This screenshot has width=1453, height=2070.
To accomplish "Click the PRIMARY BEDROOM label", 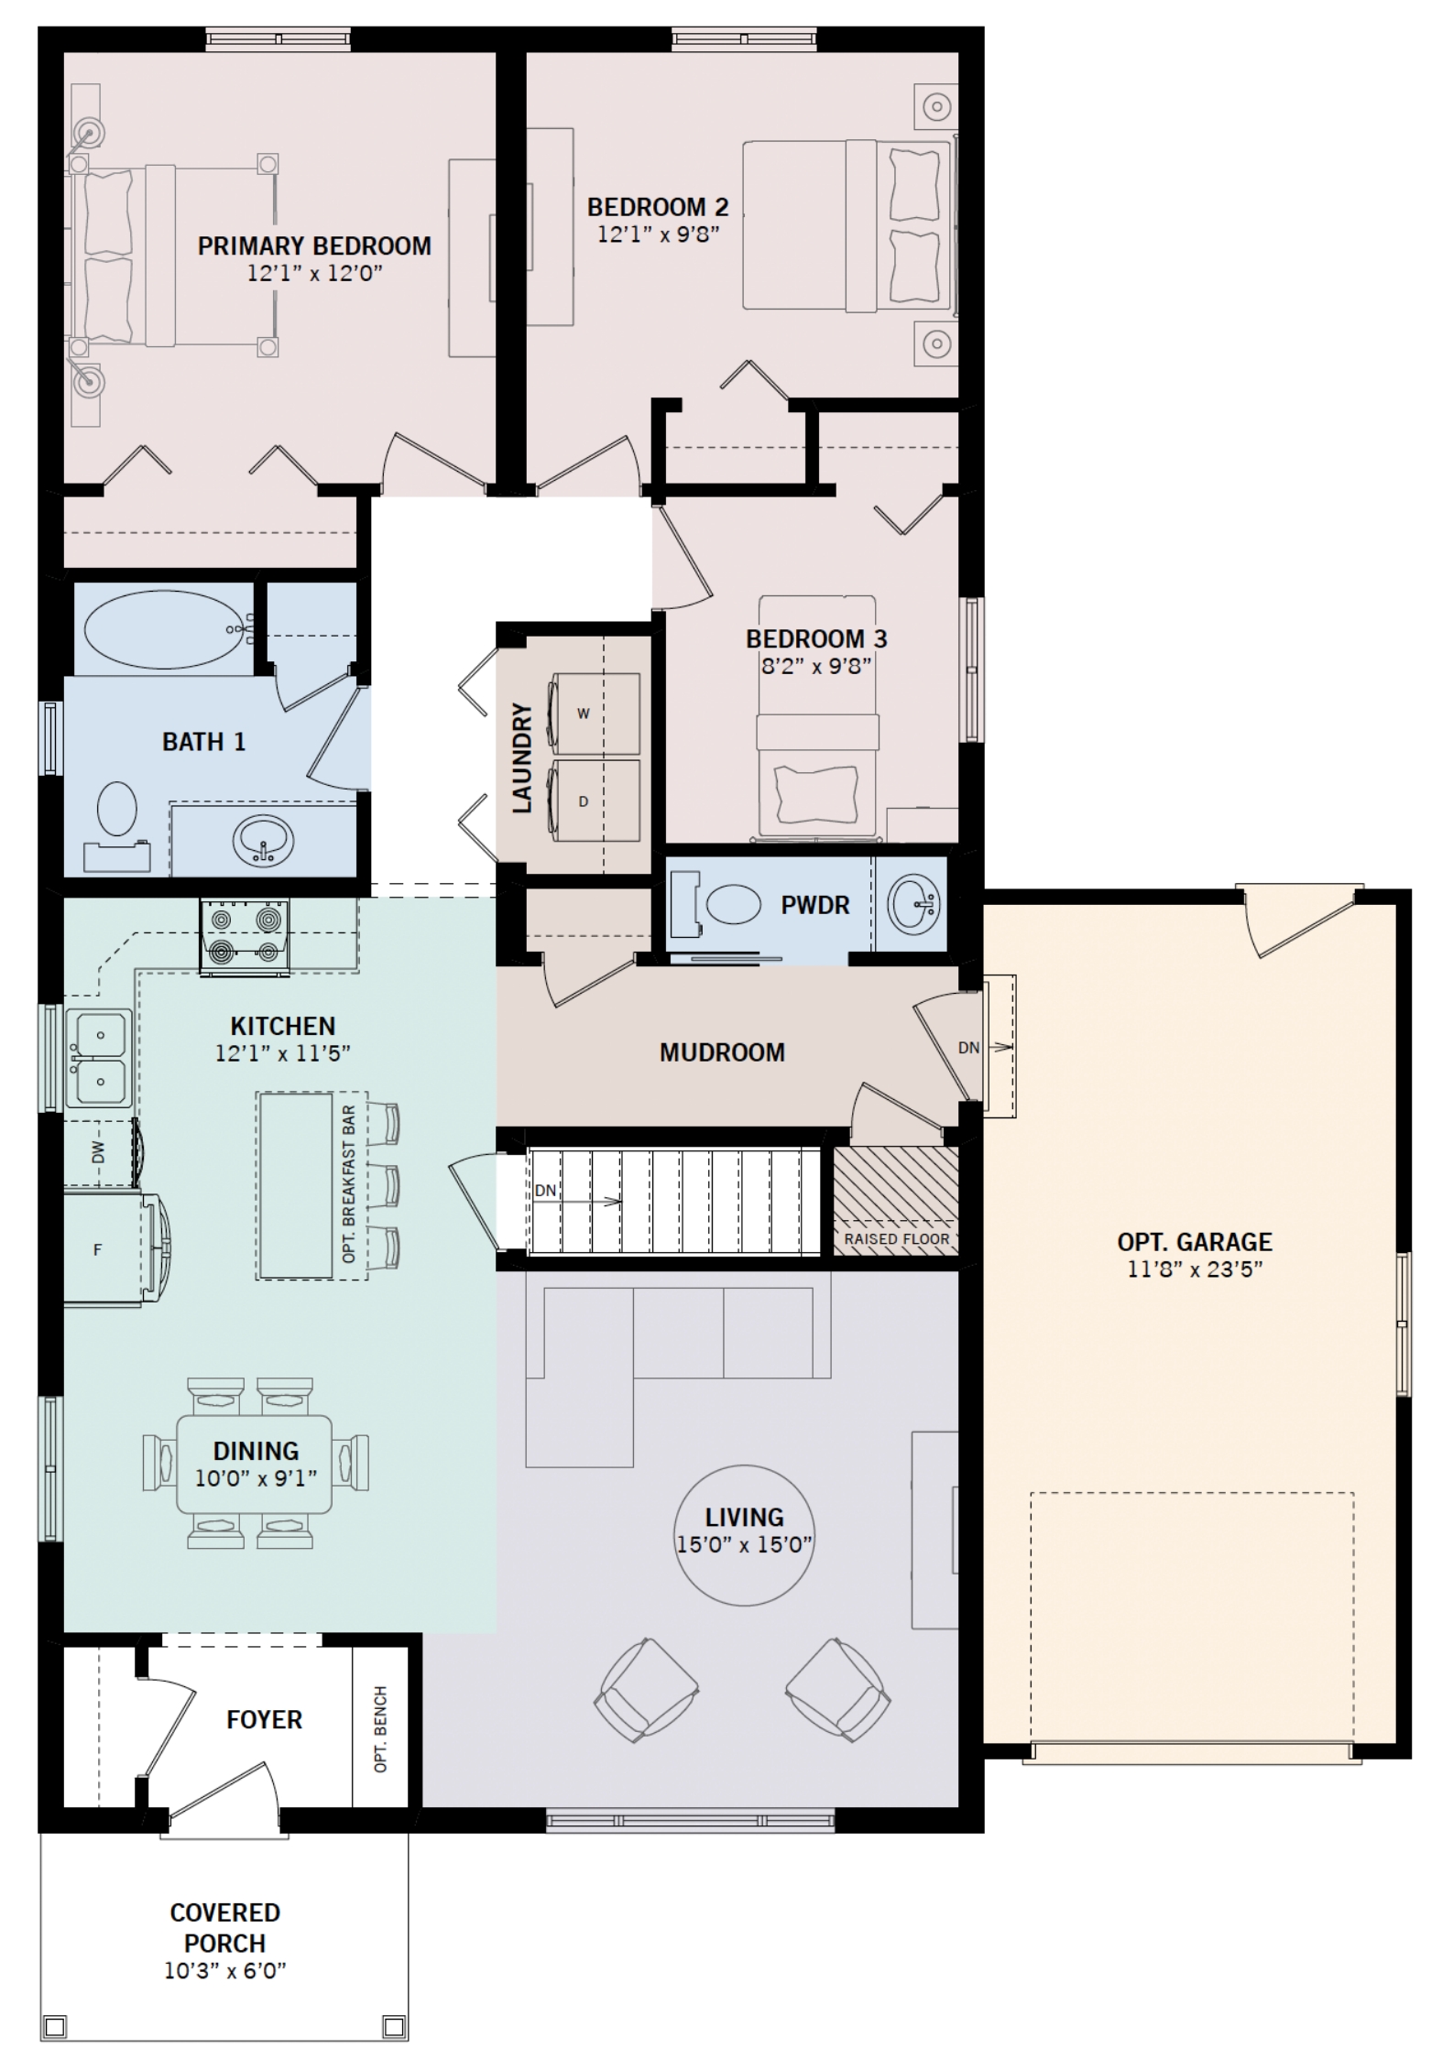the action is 314,246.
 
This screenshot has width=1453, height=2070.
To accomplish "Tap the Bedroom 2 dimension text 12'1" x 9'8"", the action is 658,234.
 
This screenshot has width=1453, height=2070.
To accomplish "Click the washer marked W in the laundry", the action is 593,713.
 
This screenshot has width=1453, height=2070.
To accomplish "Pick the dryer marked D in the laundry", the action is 593,800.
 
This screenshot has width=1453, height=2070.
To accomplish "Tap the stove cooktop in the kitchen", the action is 246,935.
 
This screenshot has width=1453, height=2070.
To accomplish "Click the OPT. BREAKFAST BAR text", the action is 348,1184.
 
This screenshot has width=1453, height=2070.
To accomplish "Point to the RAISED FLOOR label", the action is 897,1239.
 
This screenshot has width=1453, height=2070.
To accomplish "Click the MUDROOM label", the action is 722,1052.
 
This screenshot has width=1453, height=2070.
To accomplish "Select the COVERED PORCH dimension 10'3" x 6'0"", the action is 225,1970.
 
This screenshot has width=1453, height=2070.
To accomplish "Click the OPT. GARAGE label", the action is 1195,1242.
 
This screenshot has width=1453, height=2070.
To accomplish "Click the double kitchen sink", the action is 99,1058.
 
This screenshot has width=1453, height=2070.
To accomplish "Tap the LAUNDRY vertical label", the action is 521,757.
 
